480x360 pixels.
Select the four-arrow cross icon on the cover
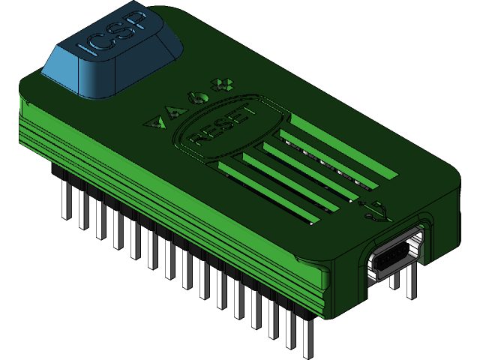(x=220, y=85)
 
